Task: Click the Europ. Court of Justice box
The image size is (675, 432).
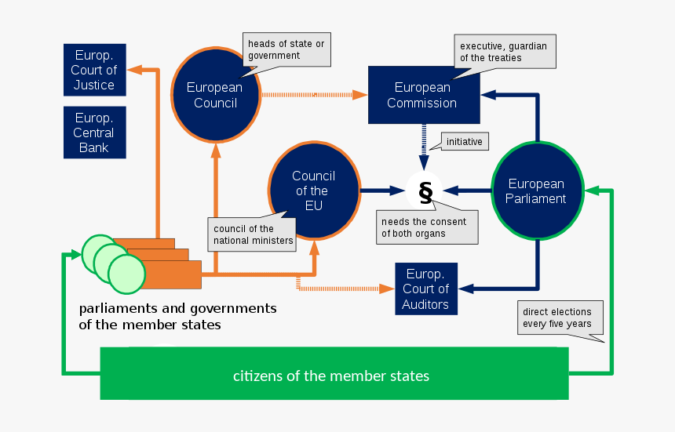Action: [x=94, y=71]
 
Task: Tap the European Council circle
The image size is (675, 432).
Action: [x=215, y=94]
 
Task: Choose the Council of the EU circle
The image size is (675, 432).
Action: [x=314, y=191]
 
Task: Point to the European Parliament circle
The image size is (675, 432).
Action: [x=537, y=191]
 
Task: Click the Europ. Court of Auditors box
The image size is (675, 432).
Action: [x=425, y=289]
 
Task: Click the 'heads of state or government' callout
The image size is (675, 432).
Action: [x=286, y=49]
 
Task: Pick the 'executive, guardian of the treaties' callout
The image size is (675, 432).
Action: [x=504, y=52]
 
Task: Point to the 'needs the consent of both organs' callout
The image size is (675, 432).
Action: [x=425, y=227]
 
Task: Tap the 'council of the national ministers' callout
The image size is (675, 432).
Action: [x=253, y=234]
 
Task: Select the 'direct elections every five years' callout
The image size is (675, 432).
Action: [x=556, y=318]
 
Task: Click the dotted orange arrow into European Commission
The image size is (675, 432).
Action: [x=314, y=95]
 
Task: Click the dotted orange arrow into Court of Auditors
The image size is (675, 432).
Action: [x=345, y=289]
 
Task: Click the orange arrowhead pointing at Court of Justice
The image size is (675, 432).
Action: [x=135, y=69]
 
